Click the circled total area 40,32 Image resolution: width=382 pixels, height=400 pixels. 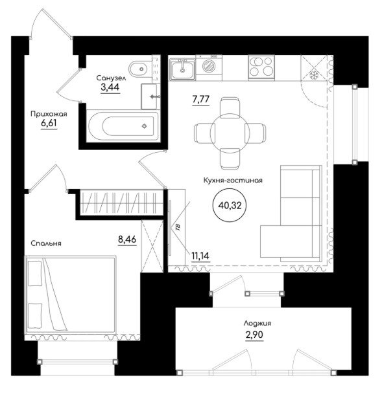(230, 205)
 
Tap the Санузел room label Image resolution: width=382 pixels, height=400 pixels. (111, 78)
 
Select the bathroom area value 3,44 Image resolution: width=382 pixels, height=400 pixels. (110, 87)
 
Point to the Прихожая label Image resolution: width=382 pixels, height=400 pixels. (49, 114)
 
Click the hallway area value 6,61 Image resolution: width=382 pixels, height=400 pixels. (49, 123)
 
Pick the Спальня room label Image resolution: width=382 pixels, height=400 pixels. (46, 243)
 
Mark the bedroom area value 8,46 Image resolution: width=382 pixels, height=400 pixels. (127, 239)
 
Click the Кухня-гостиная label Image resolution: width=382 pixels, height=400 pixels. (233, 181)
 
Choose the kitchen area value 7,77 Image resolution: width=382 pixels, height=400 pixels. (200, 99)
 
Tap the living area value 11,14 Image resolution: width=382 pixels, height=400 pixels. (200, 256)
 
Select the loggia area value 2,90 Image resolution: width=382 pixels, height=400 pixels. (254, 335)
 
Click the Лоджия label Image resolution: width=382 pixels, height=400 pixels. (257, 324)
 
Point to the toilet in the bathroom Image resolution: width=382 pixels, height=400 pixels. (140, 69)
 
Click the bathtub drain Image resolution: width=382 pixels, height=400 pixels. (145, 126)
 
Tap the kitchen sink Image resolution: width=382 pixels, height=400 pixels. (182, 69)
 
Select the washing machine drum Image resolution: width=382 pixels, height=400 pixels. (209, 66)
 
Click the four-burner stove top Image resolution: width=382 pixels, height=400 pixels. (261, 67)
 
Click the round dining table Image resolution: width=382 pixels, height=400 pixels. (230, 133)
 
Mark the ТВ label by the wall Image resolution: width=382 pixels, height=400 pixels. (178, 227)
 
